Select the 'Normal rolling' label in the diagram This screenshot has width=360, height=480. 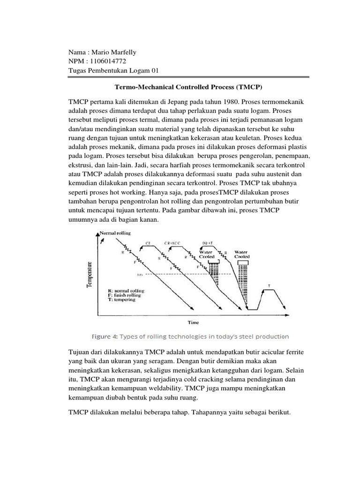(115, 233)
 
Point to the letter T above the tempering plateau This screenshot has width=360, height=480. (269, 285)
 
